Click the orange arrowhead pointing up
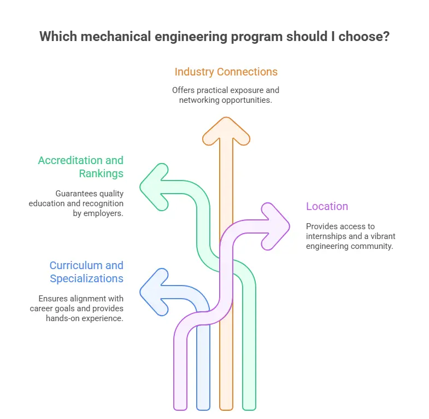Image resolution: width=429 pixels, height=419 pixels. click(226, 132)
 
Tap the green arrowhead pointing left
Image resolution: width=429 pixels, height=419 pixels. click(156, 187)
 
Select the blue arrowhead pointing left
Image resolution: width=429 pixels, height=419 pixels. click(156, 292)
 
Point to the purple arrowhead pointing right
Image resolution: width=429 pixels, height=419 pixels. click(273, 226)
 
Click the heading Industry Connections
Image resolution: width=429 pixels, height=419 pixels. click(226, 72)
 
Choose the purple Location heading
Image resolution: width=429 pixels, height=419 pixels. click(327, 206)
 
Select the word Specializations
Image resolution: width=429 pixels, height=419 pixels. click(86, 278)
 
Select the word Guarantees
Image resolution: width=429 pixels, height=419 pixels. click(75, 193)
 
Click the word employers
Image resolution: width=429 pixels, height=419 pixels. click(104, 213)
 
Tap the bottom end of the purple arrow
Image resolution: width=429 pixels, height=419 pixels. click(180, 406)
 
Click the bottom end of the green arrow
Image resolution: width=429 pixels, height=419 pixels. click(249, 406)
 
